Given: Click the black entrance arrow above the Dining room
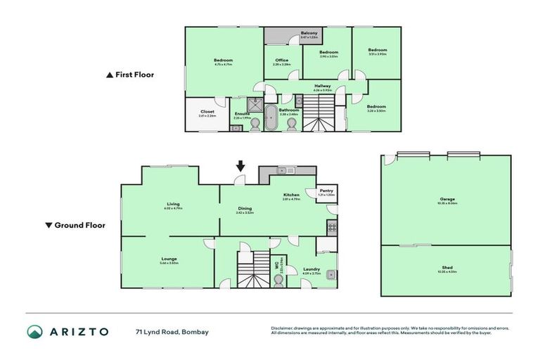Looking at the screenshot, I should coord(240,167).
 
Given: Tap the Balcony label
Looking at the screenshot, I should coord(309,34).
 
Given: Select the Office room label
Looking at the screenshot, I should coord(282,60).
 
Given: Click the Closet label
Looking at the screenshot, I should coord(207,111).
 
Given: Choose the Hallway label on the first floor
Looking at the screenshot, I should coord(323,86).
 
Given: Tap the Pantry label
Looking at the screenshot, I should coord(326,191).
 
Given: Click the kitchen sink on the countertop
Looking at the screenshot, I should coord(289,170).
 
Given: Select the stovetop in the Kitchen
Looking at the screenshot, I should coord(332,226).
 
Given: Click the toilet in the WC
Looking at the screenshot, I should coord(279,279).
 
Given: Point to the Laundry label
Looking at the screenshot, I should coord(312,269).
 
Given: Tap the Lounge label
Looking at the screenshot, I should coord(168,259).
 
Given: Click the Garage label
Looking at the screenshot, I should coord(447,199).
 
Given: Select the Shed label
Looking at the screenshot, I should coord(447,267).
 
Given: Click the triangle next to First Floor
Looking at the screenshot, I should coord(109,75).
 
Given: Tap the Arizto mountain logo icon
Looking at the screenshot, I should coord(35,331).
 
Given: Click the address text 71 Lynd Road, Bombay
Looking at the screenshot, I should coord(172,331).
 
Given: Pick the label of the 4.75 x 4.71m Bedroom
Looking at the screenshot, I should coord(223,60).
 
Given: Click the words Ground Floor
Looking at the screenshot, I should coord(80,226).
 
